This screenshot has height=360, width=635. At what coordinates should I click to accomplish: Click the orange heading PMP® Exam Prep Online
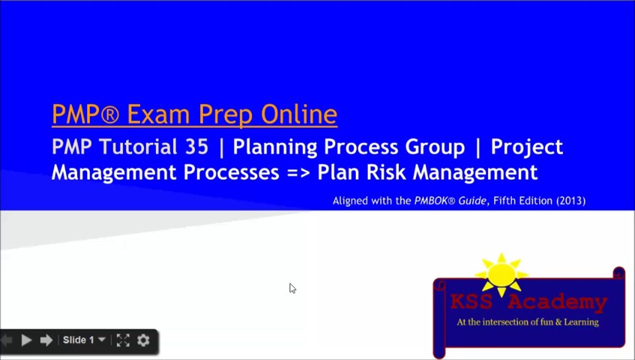[194, 114]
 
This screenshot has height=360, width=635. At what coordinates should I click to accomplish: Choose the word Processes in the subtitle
[231, 172]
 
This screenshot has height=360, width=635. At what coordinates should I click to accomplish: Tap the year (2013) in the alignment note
[570, 201]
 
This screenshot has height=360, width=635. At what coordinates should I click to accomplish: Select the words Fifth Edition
[522, 201]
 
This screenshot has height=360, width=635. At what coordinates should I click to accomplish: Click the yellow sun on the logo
[501, 274]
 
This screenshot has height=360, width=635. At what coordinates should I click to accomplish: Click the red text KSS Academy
[528, 302]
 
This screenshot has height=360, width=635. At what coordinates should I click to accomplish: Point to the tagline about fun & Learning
[527, 322]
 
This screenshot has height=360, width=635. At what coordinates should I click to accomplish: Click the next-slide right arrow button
[46, 340]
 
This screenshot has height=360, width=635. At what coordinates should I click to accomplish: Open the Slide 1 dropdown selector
[83, 340]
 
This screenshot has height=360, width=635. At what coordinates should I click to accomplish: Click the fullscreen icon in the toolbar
[123, 340]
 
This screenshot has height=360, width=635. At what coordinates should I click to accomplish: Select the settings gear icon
[143, 340]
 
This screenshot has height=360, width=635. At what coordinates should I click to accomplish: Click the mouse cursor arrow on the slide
[292, 288]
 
